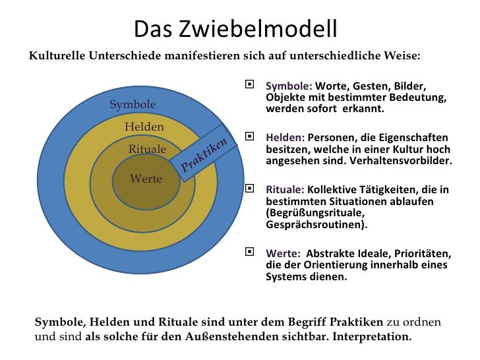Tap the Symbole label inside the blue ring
click(133, 104)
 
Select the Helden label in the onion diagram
click(144, 127)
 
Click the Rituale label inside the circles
click(147, 149)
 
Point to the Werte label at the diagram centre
click(146, 178)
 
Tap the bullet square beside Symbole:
click(249, 85)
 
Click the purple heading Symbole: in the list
click(289, 86)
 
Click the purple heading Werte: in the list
click(283, 253)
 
